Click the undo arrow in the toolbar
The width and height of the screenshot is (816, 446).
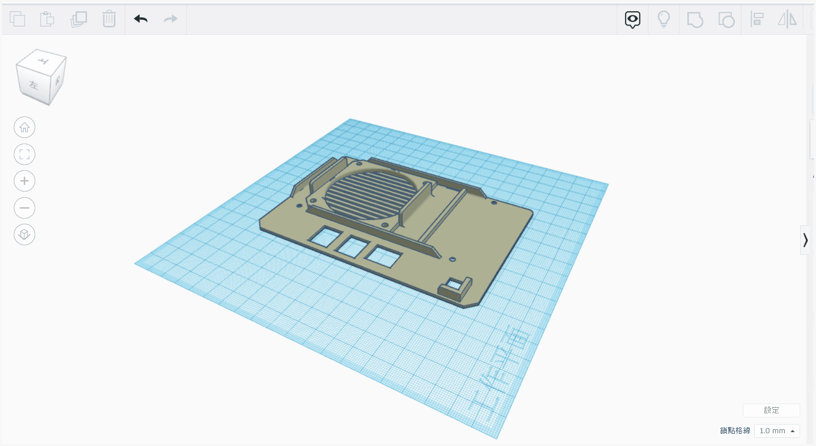pos(141,19)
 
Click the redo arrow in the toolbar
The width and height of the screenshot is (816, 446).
pos(171,19)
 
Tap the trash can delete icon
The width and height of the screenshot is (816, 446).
pos(109,19)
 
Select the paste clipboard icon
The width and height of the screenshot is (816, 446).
pos(47,19)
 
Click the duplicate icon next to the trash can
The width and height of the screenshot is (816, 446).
pos(79,19)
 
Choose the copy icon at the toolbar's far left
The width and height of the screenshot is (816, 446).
pos(17,19)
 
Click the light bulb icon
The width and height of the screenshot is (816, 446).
pos(663,19)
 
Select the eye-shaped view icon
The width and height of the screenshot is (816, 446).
pos(632,19)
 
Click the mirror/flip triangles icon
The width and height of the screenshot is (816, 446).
pos(787,19)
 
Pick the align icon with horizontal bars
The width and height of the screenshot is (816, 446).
pos(757,19)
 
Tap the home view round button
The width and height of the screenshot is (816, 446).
pos(25,127)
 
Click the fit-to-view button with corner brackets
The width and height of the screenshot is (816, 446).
pos(25,154)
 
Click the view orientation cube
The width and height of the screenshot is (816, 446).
pos(41,77)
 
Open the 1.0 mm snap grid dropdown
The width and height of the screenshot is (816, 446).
pos(777,431)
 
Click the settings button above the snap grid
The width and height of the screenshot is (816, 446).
pos(771,410)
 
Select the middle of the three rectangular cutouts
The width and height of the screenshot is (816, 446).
pos(352,247)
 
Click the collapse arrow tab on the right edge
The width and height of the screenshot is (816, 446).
pos(805,240)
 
